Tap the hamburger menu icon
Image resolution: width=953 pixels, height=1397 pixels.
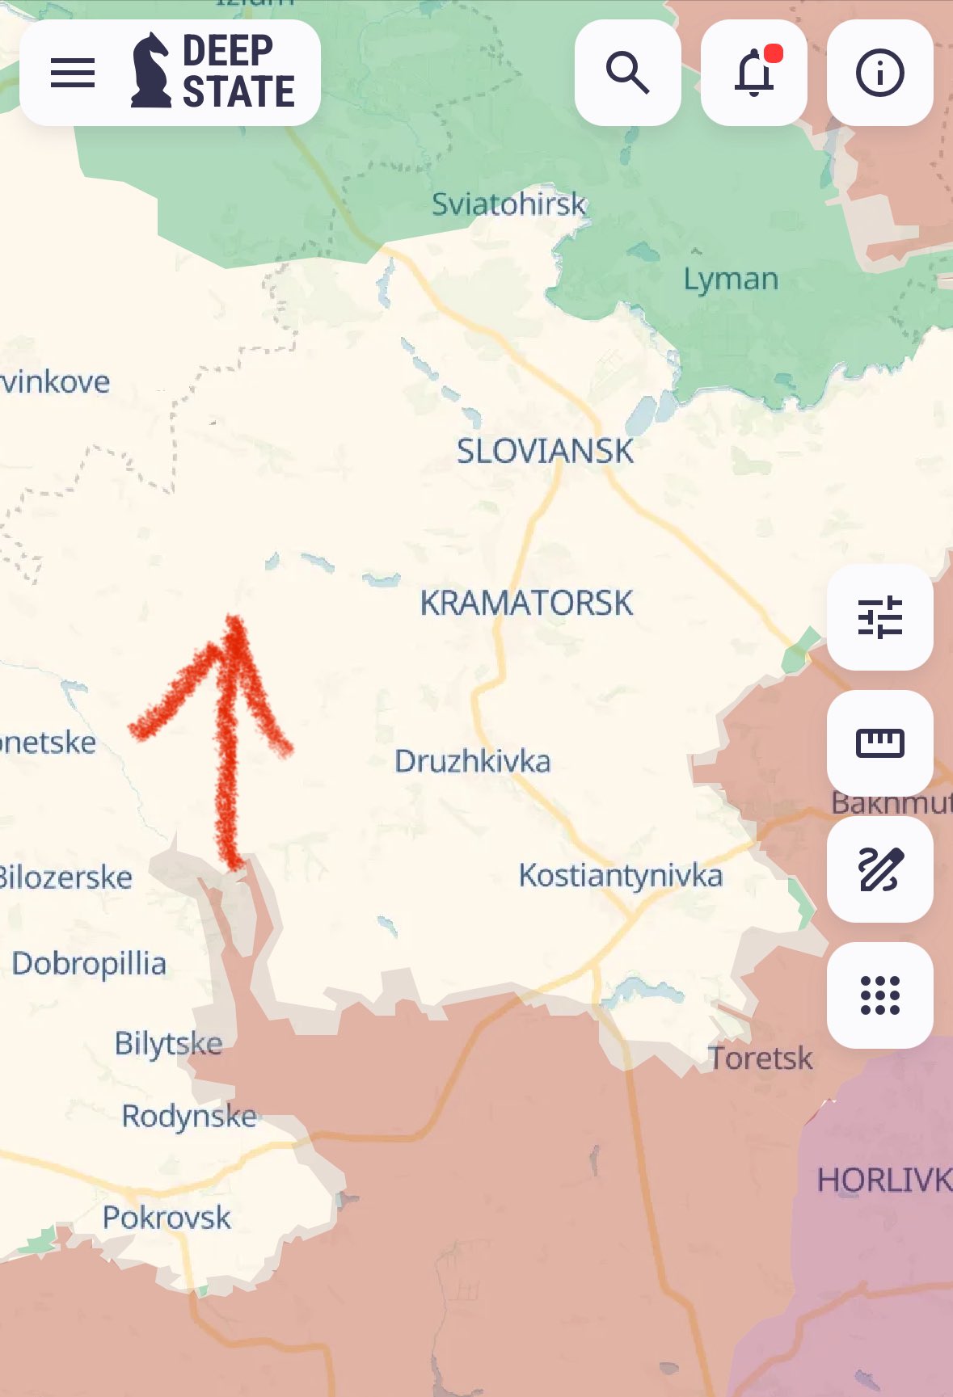tap(73, 73)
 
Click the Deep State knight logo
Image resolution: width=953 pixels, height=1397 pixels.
tap(151, 71)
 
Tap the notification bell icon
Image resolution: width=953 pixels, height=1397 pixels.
tap(753, 73)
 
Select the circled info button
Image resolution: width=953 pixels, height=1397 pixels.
tap(879, 73)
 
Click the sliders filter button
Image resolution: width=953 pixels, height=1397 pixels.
tap(879, 617)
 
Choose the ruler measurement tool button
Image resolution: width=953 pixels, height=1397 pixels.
tap(879, 743)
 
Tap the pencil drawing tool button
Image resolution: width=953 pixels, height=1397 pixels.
tap(879, 869)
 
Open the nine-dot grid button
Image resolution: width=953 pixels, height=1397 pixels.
tap(879, 995)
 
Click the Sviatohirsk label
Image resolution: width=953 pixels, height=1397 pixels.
tap(508, 204)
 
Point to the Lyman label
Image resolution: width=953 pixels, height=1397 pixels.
tap(731, 280)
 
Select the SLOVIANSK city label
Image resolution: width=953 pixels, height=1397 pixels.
tap(545, 451)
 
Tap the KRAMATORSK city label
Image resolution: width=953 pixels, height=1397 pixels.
tap(526, 603)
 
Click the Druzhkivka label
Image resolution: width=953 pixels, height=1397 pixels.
tap(472, 761)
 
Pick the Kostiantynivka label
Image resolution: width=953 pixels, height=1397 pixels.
tap(620, 876)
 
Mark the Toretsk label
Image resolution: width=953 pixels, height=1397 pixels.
tap(760, 1058)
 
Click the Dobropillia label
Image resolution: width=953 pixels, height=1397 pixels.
tap(89, 964)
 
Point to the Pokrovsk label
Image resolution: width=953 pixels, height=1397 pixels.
tap(167, 1218)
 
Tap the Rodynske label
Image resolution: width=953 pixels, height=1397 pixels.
tap(189, 1116)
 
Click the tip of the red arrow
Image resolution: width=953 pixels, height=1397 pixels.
tap(234, 621)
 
